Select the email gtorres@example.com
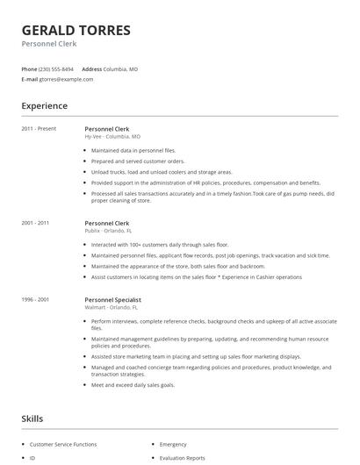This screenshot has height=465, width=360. pos(66,79)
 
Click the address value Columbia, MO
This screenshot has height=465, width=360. pos(121,68)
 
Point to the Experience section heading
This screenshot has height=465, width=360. pos(44,106)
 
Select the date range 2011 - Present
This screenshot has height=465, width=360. pos(39,129)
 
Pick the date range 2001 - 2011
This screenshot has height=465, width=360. pos(36,224)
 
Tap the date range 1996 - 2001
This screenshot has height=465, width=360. pos(36,299)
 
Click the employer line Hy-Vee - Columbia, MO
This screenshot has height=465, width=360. pos(112,137)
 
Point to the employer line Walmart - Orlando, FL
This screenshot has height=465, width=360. pos(112,307)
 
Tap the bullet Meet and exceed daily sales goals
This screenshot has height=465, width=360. pos(134,384)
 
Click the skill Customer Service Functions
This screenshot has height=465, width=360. pos(63,445)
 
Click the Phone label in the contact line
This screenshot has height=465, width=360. pos(29,68)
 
